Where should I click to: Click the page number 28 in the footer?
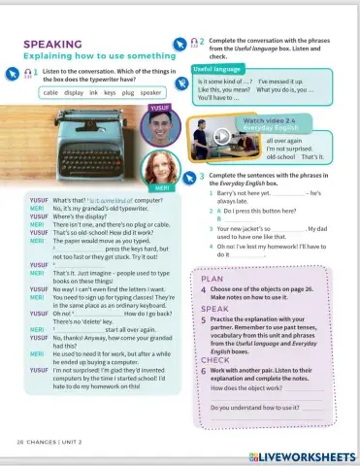click(20, 442)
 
